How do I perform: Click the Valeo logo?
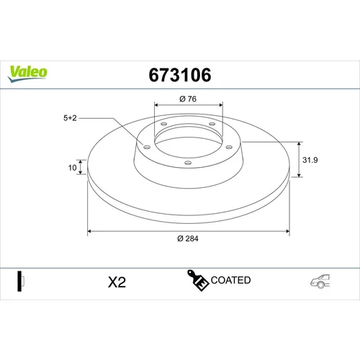coord(27,73)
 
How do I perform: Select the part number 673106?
coord(180,75)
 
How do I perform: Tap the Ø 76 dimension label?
coord(188,99)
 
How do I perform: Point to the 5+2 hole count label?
coord(70,118)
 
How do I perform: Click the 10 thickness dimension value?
coord(72,168)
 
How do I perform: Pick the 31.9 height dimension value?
coord(310,160)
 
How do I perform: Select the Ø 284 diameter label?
coord(188,238)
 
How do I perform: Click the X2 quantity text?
coord(117,282)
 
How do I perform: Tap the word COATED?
coord(230,280)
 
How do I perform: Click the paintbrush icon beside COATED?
coord(197,281)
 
